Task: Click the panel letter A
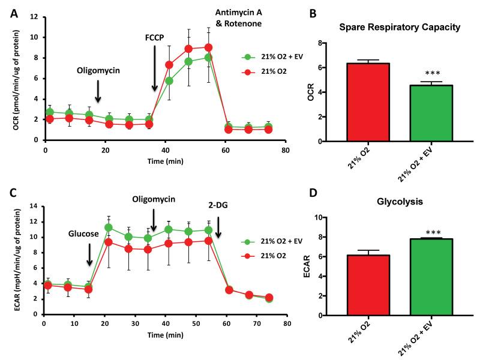[13, 14]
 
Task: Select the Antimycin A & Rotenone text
[240, 18]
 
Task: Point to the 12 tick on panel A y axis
[38, 17]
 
